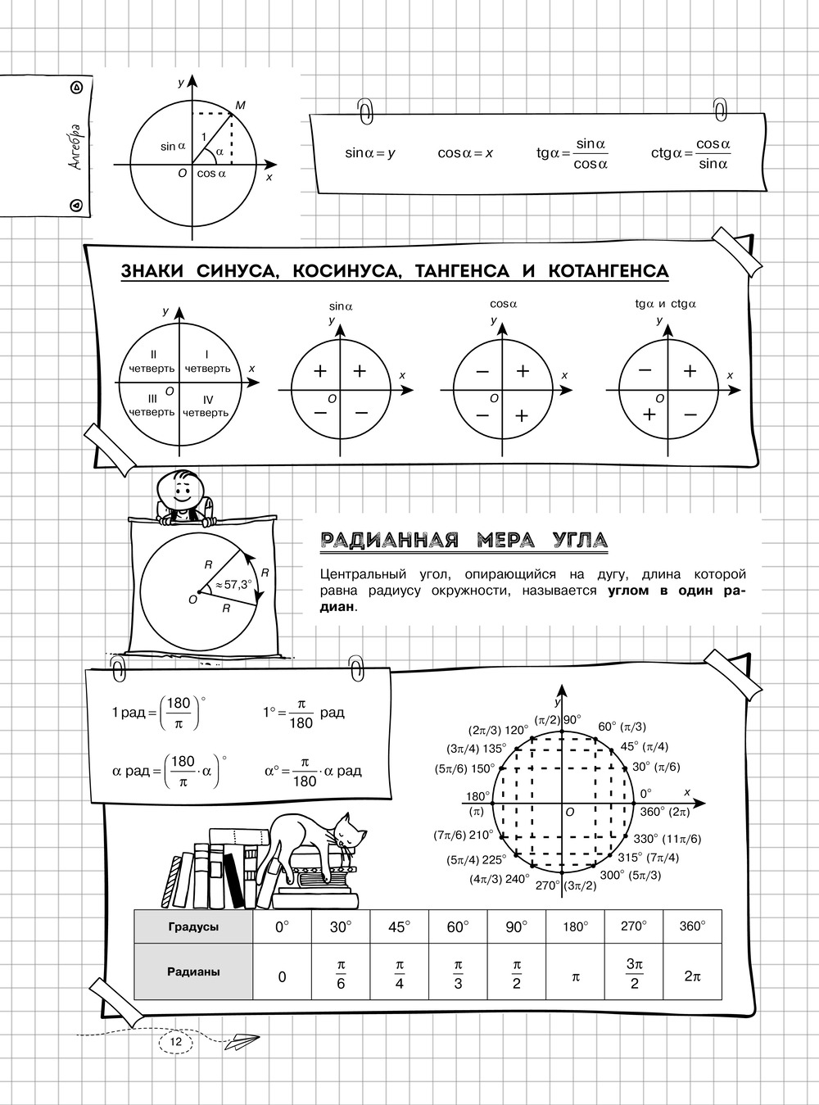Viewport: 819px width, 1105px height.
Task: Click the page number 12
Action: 175,1040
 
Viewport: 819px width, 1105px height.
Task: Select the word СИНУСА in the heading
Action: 229,271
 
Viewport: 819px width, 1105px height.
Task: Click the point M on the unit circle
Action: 239,106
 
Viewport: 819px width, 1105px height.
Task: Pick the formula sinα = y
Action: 370,153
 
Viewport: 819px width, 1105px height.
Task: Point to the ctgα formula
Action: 691,153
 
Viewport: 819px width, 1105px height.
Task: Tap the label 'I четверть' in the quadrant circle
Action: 207,361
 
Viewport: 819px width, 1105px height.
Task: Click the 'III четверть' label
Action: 152,405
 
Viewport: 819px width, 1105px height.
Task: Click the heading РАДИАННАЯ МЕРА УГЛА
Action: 464,540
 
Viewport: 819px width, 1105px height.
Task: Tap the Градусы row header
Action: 193,927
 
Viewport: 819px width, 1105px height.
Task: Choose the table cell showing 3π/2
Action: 634,974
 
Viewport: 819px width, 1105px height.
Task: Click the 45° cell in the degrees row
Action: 399,927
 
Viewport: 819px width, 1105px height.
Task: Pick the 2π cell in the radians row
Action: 692,976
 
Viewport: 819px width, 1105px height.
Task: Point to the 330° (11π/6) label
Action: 667,839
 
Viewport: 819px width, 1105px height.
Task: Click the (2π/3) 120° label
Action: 499,729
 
